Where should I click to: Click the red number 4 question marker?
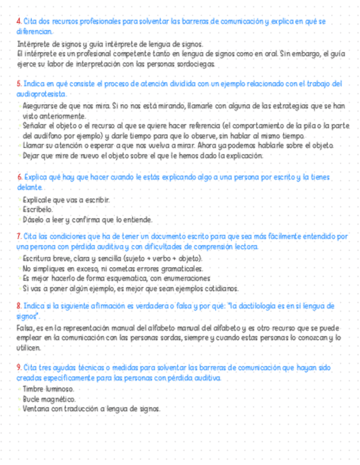click(x=19, y=21)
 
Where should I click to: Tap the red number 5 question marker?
click(x=19, y=84)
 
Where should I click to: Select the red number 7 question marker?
click(x=19, y=236)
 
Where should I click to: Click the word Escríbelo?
click(x=38, y=209)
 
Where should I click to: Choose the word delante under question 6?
click(x=30, y=188)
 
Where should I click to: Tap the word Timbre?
click(x=33, y=388)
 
